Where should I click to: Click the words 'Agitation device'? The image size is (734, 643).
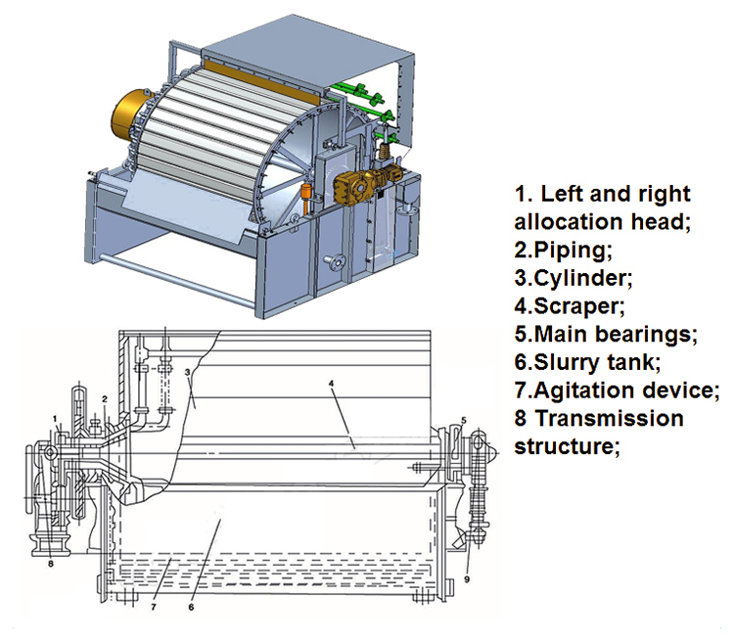tap(626, 390)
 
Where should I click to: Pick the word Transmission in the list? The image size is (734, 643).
tap(610, 419)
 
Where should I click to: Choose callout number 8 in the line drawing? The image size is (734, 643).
tap(50, 563)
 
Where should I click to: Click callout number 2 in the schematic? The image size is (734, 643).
tap(103, 399)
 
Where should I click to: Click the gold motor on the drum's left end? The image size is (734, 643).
tap(144, 115)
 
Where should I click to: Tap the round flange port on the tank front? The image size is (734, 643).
tap(340, 261)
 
